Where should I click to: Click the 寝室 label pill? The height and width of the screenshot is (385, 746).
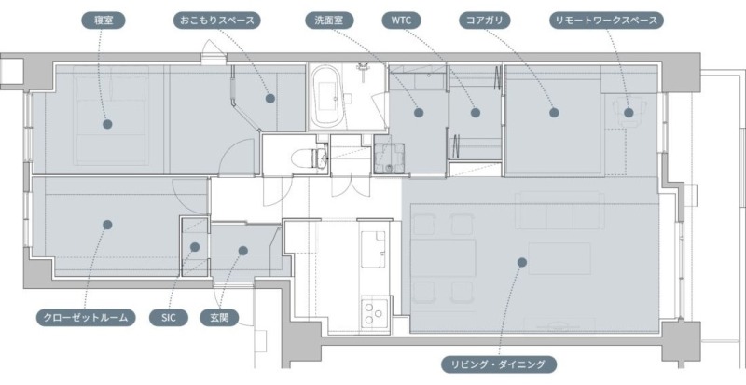[x=104, y=21]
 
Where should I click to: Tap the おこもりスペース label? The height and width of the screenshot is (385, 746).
[x=216, y=21]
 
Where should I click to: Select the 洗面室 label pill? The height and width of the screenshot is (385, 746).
[x=329, y=21]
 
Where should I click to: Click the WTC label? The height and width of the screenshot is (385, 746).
[x=400, y=21]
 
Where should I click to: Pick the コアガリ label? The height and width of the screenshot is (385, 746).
[x=484, y=21]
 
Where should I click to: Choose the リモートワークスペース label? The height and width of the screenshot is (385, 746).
[x=606, y=21]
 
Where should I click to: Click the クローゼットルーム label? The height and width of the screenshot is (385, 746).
[x=86, y=318]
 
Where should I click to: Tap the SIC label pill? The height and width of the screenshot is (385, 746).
[x=169, y=318]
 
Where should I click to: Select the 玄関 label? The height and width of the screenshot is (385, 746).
[x=219, y=318]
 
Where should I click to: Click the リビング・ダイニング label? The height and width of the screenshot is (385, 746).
[x=499, y=365]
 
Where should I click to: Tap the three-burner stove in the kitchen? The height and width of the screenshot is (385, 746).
[x=375, y=312]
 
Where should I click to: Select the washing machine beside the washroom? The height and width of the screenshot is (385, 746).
[x=389, y=158]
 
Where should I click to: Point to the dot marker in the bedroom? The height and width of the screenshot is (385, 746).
[x=107, y=124]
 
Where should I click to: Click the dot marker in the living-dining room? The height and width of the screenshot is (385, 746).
[x=522, y=262]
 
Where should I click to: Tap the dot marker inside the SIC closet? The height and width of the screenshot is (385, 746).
[x=195, y=247]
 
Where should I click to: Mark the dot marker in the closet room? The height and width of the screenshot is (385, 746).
[x=107, y=225]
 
